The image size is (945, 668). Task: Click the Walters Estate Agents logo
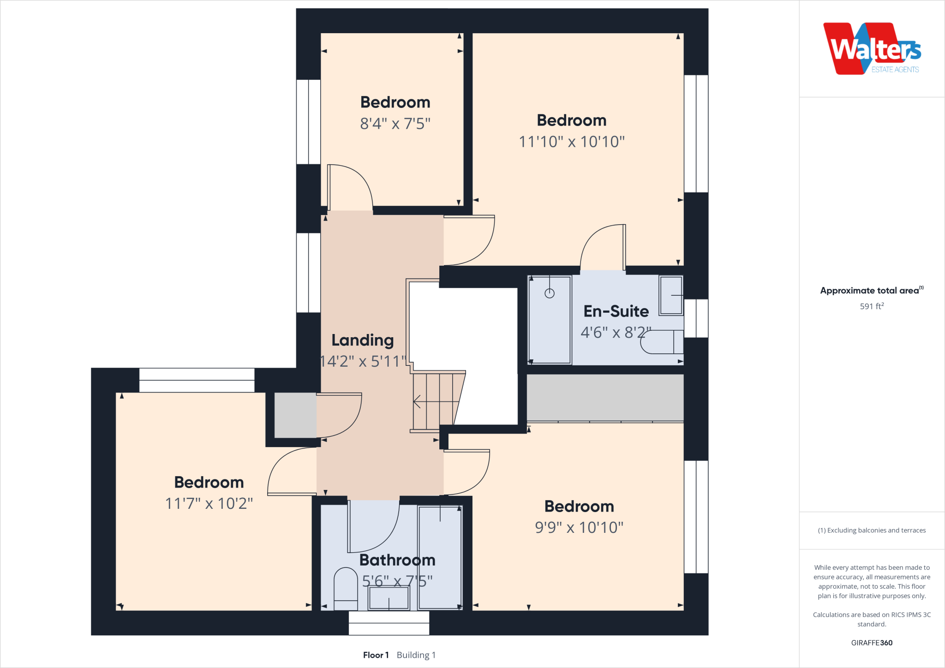[x=872, y=49]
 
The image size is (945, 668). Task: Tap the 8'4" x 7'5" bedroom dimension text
[x=395, y=124]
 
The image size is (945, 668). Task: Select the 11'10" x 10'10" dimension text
[x=572, y=142]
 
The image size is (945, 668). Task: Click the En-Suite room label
[x=616, y=311]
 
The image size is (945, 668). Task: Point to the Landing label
[x=363, y=340]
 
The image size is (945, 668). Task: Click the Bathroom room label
[x=397, y=560]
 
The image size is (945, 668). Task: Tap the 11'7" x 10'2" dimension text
[x=209, y=503]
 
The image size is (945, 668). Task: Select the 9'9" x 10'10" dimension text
[x=579, y=527]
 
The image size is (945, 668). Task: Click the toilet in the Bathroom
[x=346, y=588]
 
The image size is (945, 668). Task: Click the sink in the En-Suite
[x=670, y=295]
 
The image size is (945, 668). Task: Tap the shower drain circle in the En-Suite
[x=549, y=293]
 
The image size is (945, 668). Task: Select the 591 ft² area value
[x=872, y=306]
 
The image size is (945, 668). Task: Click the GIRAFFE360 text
[x=872, y=643]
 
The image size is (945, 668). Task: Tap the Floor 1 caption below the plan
[x=376, y=655]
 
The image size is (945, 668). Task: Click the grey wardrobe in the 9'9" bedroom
[x=605, y=398]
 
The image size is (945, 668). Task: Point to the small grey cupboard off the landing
[x=295, y=415]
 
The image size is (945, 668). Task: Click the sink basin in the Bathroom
[x=389, y=598]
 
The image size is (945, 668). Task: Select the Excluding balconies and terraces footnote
[x=872, y=531]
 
